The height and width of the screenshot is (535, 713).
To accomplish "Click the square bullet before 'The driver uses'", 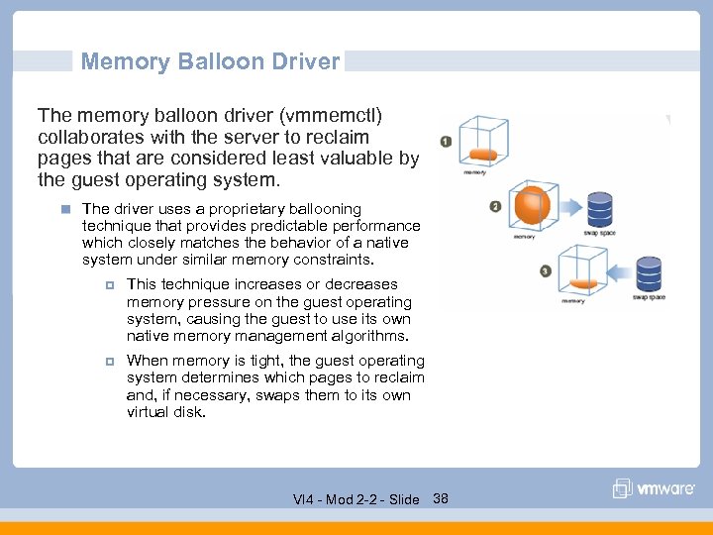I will click(64, 209).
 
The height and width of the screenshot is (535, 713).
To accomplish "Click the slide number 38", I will click(441, 498).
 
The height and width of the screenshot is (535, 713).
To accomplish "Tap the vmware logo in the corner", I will click(654, 488).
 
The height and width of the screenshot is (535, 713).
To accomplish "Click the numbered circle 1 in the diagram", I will click(446, 142).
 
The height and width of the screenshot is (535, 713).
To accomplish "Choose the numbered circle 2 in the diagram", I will click(494, 207).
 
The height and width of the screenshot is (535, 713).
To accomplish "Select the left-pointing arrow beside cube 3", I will click(618, 269).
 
